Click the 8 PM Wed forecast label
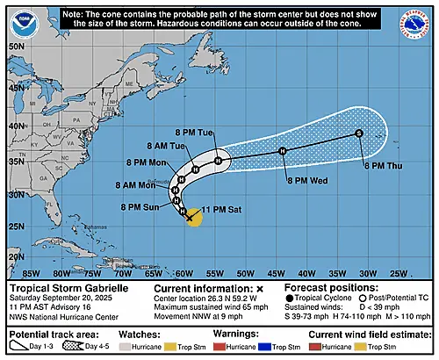coord(308,180)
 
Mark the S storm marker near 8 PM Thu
coord(359,133)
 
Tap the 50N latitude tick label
coord(16,45)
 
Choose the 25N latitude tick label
coord(16,228)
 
